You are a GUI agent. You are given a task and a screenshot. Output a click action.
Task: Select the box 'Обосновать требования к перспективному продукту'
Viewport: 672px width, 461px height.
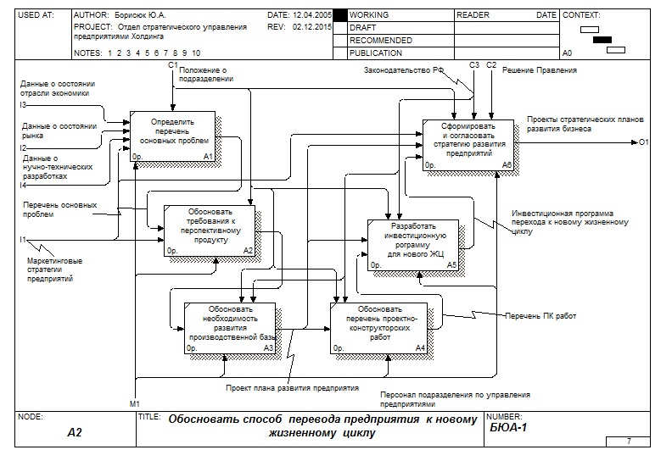(x=209, y=230)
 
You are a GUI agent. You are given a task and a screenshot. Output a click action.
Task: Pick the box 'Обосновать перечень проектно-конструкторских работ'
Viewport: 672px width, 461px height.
(x=378, y=327)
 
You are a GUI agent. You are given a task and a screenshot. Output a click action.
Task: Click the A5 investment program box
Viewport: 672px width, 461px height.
(x=413, y=245)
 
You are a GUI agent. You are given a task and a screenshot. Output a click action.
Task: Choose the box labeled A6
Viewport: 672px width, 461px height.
(x=468, y=145)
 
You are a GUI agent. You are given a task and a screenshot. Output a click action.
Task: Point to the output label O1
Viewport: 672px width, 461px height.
(x=644, y=142)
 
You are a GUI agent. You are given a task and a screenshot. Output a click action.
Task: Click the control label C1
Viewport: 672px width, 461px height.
(x=172, y=65)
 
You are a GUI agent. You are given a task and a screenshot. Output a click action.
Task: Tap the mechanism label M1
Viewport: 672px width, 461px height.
(x=135, y=402)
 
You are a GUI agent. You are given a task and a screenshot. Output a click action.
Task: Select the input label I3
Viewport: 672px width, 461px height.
(x=24, y=104)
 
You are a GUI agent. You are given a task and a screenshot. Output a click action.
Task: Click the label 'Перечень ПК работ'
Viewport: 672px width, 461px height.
(x=540, y=316)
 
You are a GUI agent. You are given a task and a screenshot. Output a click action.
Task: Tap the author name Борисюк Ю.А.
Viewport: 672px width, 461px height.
(x=144, y=15)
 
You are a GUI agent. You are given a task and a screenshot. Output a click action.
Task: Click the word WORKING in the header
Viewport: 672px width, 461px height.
(x=370, y=15)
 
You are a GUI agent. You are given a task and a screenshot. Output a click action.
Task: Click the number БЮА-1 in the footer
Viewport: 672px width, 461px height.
(x=509, y=429)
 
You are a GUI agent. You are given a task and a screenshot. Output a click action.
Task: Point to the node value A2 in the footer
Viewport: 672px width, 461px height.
(x=76, y=432)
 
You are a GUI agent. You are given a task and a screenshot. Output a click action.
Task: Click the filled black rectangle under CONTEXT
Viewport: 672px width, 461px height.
(x=602, y=40)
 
